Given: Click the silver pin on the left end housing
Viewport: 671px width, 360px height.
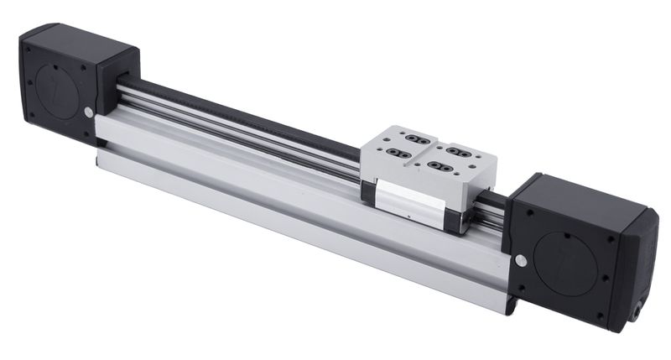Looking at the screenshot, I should [89, 112].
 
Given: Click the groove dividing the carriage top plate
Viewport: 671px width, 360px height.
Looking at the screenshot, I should [428, 153].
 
